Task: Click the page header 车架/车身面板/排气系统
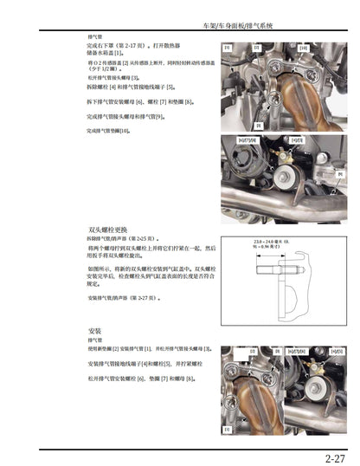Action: click(x=276, y=27)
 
